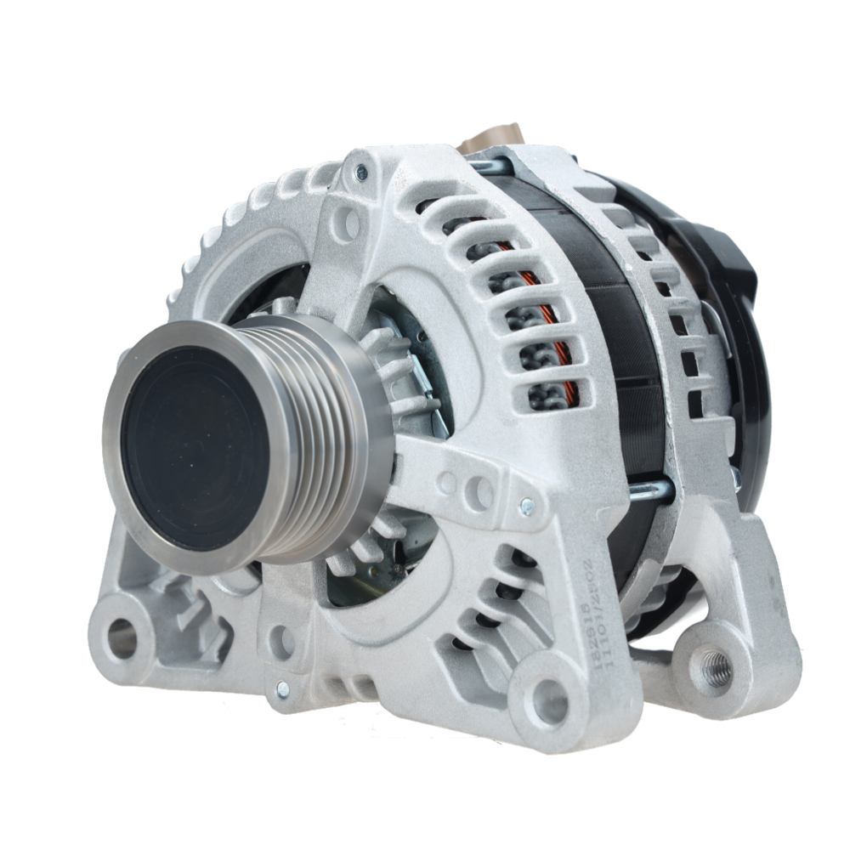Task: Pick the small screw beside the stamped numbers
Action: (527, 507)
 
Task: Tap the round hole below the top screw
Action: (348, 223)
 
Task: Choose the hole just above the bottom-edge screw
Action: (281, 643)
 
